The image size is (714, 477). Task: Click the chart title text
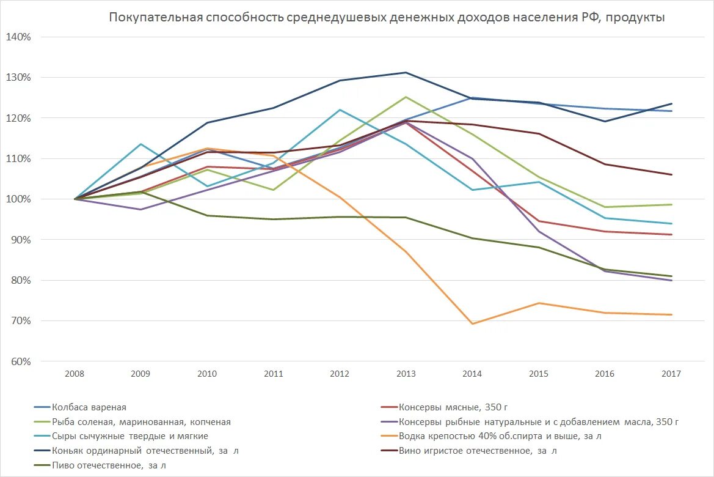click(387, 17)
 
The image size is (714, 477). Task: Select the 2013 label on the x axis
click(406, 374)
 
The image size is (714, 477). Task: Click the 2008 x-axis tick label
click(75, 374)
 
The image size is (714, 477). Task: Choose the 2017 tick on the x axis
click(671, 374)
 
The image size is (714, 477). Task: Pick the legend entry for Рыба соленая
click(141, 421)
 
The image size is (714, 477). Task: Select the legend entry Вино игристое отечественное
click(478, 451)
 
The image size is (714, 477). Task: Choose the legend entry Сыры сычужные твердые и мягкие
click(130, 436)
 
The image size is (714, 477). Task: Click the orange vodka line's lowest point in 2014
click(472, 324)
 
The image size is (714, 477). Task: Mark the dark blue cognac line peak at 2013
click(406, 73)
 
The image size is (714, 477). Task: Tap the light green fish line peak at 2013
click(406, 97)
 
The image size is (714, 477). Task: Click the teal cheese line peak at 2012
click(340, 110)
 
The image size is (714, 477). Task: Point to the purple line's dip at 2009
click(141, 209)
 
